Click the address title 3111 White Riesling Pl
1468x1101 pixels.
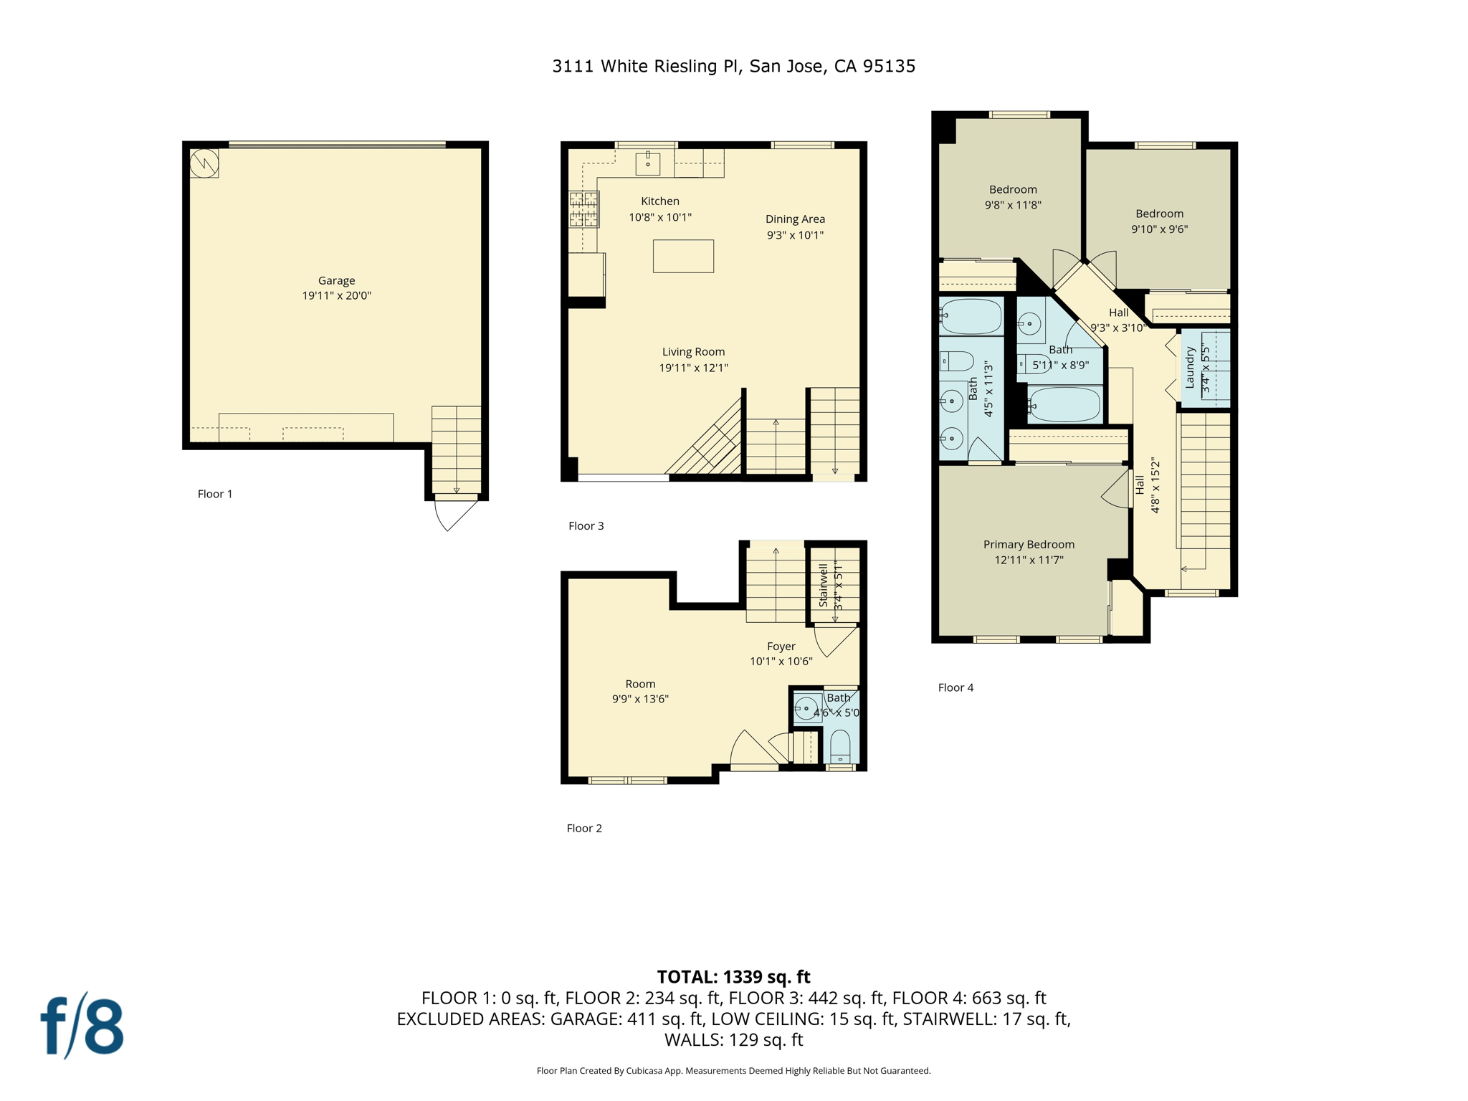click(733, 66)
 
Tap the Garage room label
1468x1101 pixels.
click(336, 280)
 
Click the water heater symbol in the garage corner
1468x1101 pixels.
click(204, 163)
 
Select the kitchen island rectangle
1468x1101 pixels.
click(683, 256)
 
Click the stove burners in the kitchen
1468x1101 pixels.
click(583, 209)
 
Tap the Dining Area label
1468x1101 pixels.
click(795, 219)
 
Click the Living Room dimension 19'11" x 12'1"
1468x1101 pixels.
click(693, 368)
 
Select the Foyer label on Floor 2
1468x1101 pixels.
click(781, 646)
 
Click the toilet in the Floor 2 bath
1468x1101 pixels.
click(840, 747)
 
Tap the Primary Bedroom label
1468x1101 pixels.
click(1029, 544)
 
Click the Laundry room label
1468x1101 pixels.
click(1190, 367)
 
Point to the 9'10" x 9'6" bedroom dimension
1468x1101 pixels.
click(1159, 229)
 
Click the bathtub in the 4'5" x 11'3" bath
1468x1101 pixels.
click(971, 317)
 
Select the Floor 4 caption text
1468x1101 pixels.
click(955, 687)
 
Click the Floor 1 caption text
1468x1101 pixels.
click(215, 494)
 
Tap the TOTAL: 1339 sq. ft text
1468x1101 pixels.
click(733, 976)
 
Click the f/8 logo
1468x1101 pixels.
click(82, 1026)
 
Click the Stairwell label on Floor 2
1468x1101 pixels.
click(823, 586)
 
